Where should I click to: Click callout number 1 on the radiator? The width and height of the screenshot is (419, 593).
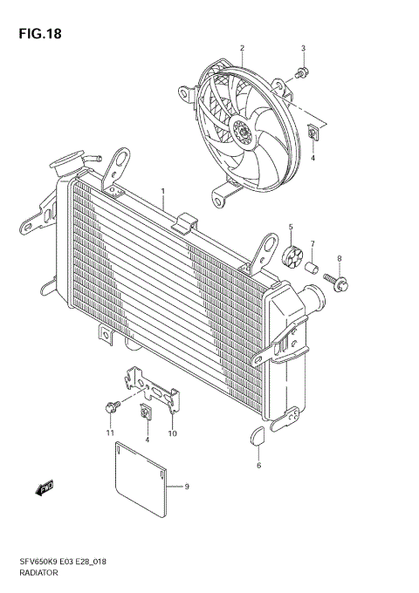[x=161, y=189]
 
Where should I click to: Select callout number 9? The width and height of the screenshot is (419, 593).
[x=186, y=486]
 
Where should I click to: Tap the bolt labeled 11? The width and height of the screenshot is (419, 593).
[x=112, y=406]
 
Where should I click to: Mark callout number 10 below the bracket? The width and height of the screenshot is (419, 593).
[x=172, y=433]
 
